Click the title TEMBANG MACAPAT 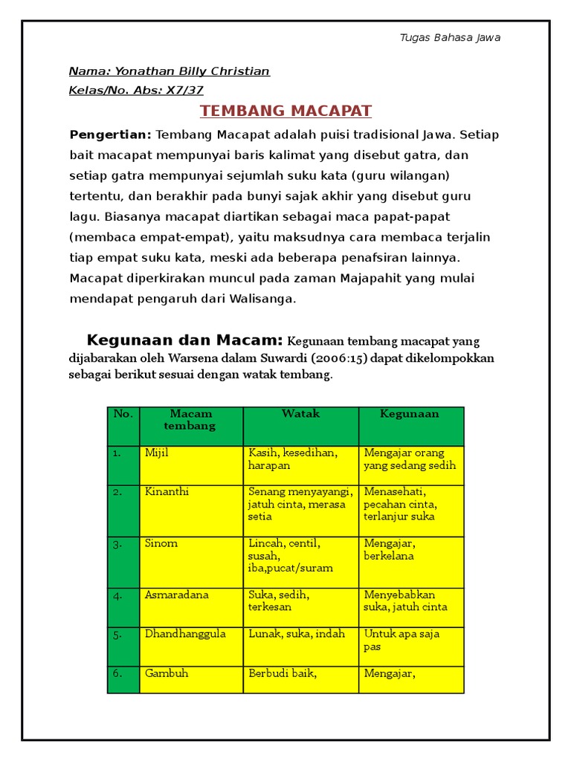(x=286, y=111)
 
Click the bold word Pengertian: (x=110, y=135)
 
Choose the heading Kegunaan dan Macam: (x=184, y=340)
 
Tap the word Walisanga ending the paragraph (x=262, y=299)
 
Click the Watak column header (x=300, y=414)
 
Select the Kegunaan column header (x=410, y=414)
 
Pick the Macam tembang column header (x=190, y=420)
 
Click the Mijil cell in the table (x=157, y=453)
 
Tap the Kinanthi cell (x=167, y=491)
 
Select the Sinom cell (x=161, y=543)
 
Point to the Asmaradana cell (x=177, y=595)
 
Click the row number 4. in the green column (x=117, y=595)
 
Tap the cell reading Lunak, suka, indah (x=297, y=634)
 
